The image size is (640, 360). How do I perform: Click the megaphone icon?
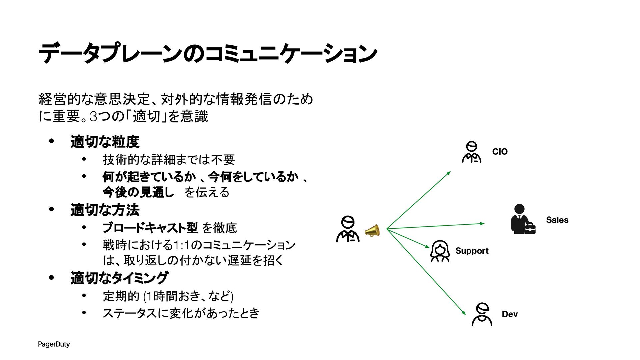point(372,230)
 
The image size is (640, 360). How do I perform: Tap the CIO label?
point(500,152)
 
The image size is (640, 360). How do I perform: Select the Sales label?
point(557,220)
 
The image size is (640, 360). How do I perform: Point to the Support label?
point(472,251)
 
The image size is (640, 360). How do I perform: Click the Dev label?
point(510,314)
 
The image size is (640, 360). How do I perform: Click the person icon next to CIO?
point(472,152)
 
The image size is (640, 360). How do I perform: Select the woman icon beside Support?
point(440,251)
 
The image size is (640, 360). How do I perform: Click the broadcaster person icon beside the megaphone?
point(348,229)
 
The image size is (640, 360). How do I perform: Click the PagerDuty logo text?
point(54,344)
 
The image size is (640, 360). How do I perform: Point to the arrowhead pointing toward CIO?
point(449,173)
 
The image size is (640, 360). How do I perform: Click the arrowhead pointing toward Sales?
point(482,223)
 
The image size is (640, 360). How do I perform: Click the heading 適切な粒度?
point(105,142)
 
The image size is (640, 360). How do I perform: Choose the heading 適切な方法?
point(105,210)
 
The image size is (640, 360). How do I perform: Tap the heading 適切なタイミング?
point(119,278)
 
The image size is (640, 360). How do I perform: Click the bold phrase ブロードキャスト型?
point(150,228)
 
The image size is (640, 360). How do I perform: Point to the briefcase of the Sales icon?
point(530,228)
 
